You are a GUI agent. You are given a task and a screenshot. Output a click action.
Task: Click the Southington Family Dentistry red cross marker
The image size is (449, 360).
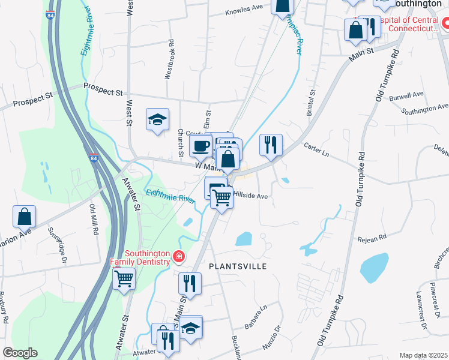pyautogui.click(x=178, y=257)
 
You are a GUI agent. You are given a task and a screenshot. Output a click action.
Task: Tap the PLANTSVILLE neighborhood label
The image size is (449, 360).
pyautogui.click(x=236, y=265)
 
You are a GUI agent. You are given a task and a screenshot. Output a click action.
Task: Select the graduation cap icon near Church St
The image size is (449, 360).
pyautogui.click(x=157, y=119)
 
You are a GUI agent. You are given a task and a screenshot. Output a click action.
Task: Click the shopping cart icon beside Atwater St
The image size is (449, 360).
pyautogui.click(x=124, y=278)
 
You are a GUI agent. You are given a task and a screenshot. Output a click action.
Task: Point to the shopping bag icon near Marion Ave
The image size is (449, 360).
pyautogui.click(x=24, y=217)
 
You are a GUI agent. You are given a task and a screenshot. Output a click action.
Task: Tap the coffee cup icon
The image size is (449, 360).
pyautogui.click(x=201, y=145)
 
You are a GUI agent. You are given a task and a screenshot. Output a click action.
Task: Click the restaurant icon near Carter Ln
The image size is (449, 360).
pyautogui.click(x=271, y=145)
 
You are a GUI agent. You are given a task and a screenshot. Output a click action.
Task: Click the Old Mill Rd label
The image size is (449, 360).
pyautogui.click(x=94, y=219)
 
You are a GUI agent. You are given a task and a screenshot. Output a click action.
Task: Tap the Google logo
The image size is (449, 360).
pyautogui.click(x=20, y=353)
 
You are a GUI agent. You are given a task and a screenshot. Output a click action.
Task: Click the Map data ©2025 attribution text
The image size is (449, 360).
pyautogui.click(x=423, y=355)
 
